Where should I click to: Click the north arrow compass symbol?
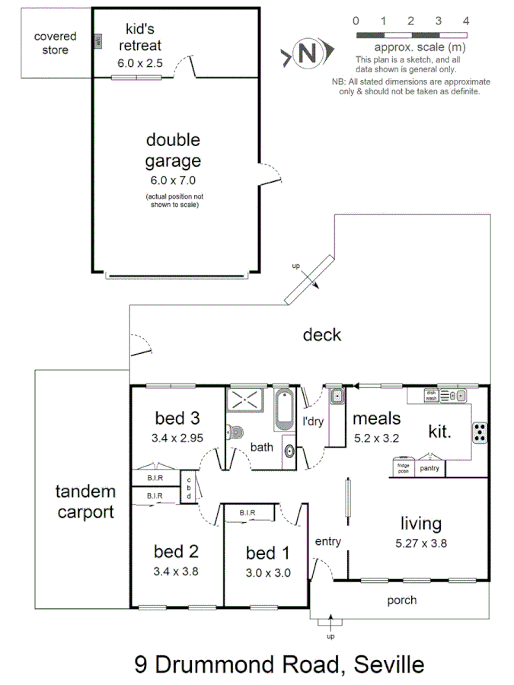(x=306, y=54)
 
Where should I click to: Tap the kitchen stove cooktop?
(x=480, y=432)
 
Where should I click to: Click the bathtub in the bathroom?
(x=284, y=409)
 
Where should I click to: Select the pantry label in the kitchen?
(x=429, y=468)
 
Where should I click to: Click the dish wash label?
(x=431, y=395)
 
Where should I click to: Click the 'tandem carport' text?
(x=85, y=502)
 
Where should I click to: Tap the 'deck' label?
(x=322, y=335)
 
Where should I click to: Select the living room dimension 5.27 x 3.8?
(x=421, y=543)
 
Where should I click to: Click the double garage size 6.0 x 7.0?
(x=174, y=181)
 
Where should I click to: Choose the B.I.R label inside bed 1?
(x=247, y=513)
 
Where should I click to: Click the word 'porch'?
(x=401, y=601)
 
